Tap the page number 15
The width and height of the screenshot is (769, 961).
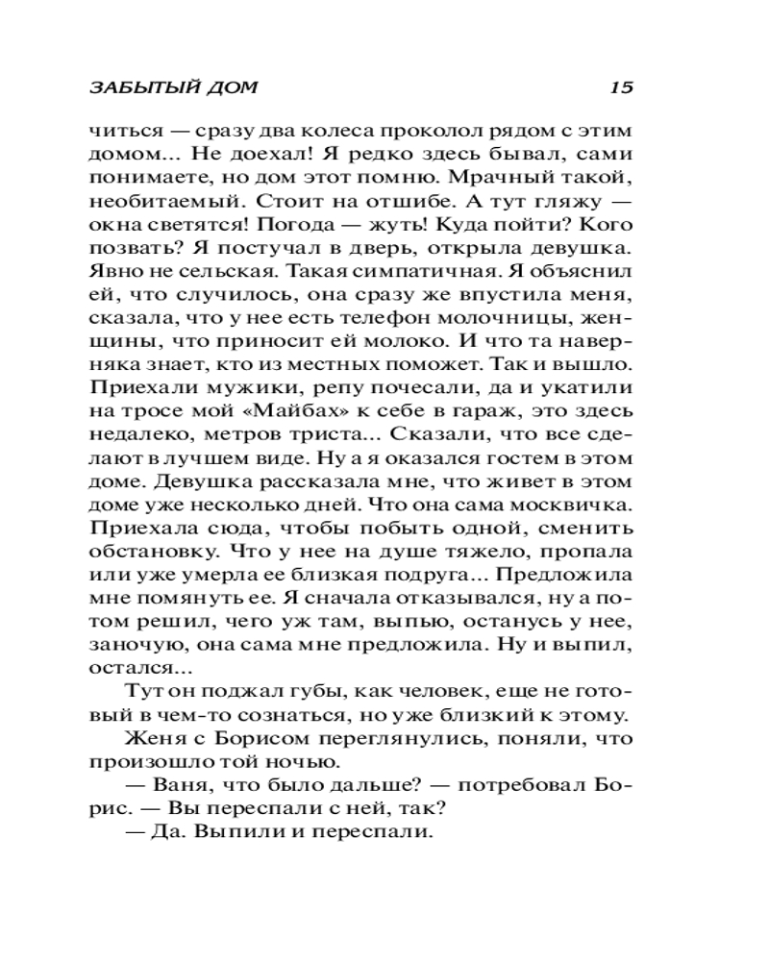(x=621, y=86)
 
